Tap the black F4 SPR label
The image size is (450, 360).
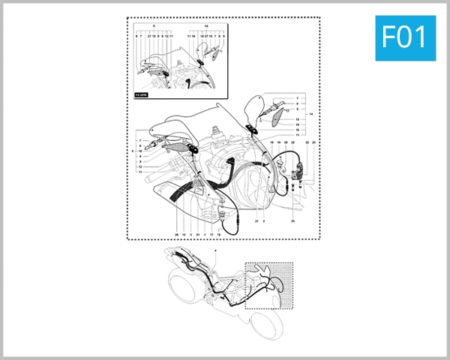pos(140,95)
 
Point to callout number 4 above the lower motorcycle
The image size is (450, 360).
pos(215,249)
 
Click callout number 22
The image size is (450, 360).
pos(307,142)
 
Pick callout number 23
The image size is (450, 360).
pos(315,142)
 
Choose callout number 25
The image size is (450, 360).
pos(292,142)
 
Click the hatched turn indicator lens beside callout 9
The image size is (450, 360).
pos(277,117)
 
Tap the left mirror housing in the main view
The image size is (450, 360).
pos(169,128)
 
